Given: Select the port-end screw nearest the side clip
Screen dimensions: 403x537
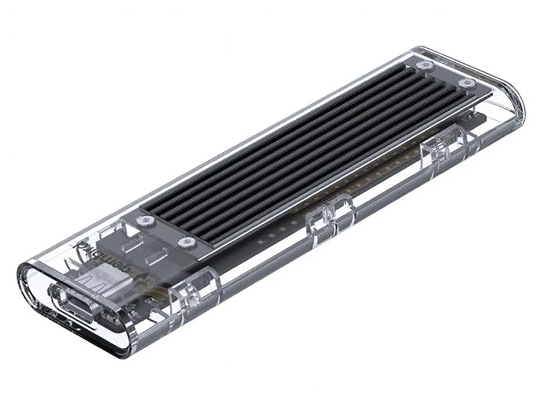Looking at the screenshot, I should click(x=186, y=242).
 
